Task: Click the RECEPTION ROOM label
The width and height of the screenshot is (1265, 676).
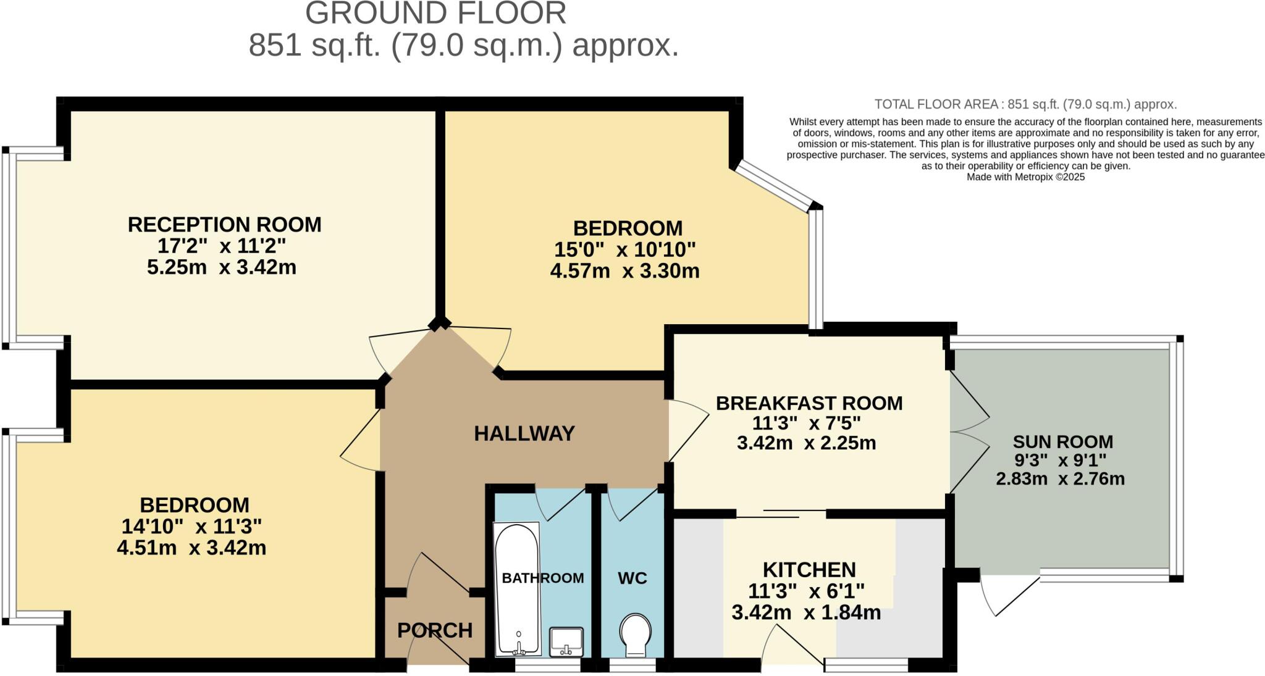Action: [224, 225]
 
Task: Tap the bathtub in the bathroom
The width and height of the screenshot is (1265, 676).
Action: [517, 589]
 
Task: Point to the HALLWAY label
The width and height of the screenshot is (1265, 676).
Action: [524, 434]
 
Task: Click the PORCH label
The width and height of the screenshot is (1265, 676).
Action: [434, 630]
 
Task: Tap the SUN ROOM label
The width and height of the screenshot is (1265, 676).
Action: [1062, 442]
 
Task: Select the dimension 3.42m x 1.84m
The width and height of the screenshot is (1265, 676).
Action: [806, 613]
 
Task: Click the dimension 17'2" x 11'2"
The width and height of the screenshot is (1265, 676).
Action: [222, 246]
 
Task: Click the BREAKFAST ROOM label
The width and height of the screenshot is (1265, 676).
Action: [809, 403]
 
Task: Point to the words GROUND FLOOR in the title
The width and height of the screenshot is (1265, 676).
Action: [435, 14]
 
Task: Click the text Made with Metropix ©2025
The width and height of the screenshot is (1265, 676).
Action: [1025, 177]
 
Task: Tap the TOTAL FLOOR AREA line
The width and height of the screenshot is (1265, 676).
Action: [1025, 104]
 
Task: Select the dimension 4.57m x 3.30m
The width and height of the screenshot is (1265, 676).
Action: [624, 271]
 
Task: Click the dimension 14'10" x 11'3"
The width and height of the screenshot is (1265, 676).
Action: [191, 527]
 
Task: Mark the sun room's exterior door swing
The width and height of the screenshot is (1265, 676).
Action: [1004, 594]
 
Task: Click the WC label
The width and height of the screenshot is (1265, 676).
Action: [632, 578]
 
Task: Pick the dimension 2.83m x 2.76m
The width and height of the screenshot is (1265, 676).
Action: [1060, 479]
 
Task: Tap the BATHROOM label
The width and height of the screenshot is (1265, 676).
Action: [542, 578]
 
